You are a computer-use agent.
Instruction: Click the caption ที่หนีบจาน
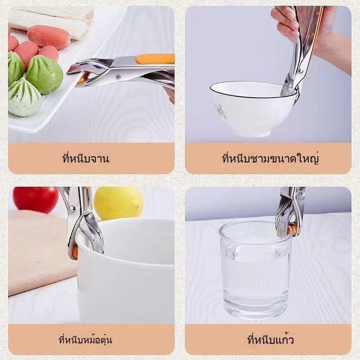point(85,158)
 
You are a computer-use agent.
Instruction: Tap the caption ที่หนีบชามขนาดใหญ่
point(270,158)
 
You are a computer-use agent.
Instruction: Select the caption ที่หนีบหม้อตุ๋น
point(85,339)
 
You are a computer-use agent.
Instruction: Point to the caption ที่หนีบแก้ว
point(270,339)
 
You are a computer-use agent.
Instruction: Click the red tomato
point(36,199)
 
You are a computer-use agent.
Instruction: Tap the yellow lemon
point(118,202)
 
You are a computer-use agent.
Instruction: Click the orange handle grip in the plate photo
point(155,59)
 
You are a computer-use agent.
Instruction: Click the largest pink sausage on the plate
point(49,37)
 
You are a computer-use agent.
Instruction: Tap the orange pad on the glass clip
point(293,229)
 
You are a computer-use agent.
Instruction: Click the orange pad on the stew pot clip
point(75,252)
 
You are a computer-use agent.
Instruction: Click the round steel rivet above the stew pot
point(72,209)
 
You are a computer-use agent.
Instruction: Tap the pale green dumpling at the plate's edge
point(25,97)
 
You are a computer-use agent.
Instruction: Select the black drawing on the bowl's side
point(220,111)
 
